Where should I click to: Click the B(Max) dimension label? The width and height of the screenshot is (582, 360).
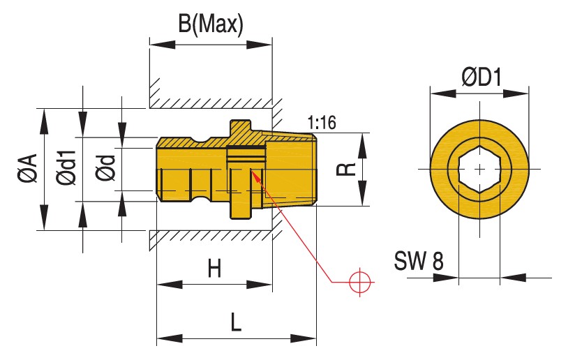pos(209,24)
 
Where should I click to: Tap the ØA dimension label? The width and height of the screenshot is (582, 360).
pos(28,169)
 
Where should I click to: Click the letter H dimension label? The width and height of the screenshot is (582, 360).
pos(214,269)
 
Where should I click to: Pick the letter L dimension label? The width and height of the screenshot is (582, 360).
pos(236,322)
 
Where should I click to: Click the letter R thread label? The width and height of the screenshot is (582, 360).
pos(350,169)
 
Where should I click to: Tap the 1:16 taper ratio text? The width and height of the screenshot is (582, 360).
pos(321,123)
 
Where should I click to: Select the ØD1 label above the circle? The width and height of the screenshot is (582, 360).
pos(482,77)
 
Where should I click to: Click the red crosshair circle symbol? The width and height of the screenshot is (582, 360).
pos(360,281)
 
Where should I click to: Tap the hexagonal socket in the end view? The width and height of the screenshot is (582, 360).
pos(479,169)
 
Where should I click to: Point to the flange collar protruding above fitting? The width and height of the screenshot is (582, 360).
pos(240,128)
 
